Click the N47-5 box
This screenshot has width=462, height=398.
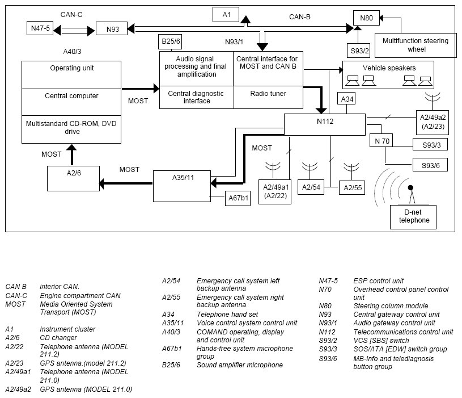tap(40, 28)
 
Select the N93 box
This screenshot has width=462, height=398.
tap(112, 28)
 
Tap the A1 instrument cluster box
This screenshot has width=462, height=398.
tap(226, 14)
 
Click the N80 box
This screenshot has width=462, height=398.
tap(366, 18)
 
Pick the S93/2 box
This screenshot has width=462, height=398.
tap(358, 51)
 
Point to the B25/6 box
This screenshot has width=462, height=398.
tap(170, 41)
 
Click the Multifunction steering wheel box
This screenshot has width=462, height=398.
tap(416, 45)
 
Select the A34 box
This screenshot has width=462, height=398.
tap(346, 99)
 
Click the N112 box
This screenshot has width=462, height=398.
tap(325, 124)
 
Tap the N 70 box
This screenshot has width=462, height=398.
tap(382, 140)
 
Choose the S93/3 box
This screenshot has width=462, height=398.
tap(430, 145)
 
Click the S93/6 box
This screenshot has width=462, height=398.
tap(430, 165)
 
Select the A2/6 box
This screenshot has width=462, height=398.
tap(73, 178)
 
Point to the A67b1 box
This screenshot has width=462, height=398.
tap(238, 198)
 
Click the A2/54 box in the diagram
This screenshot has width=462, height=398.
tap(311, 187)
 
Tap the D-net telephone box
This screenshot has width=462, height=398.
tap(413, 217)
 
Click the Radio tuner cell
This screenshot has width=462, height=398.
tap(268, 97)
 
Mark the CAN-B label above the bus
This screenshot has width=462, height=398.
tap(300, 17)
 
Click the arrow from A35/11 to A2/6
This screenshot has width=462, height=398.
tap(126, 183)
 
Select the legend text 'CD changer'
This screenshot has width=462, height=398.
tap(58, 337)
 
